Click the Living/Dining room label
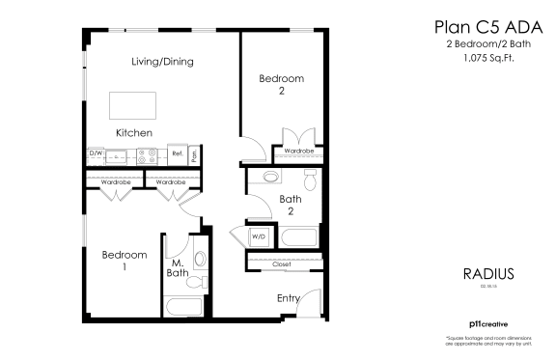[163, 62]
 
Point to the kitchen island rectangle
[132, 104]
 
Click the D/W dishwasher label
[96, 153]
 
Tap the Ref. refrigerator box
[177, 153]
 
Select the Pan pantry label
[194, 153]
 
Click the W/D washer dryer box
[259, 235]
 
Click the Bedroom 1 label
[125, 261]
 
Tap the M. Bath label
[179, 269]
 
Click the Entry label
[288, 298]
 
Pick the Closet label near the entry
[282, 263]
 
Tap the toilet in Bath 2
[311, 180]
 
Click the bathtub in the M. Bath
[183, 308]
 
